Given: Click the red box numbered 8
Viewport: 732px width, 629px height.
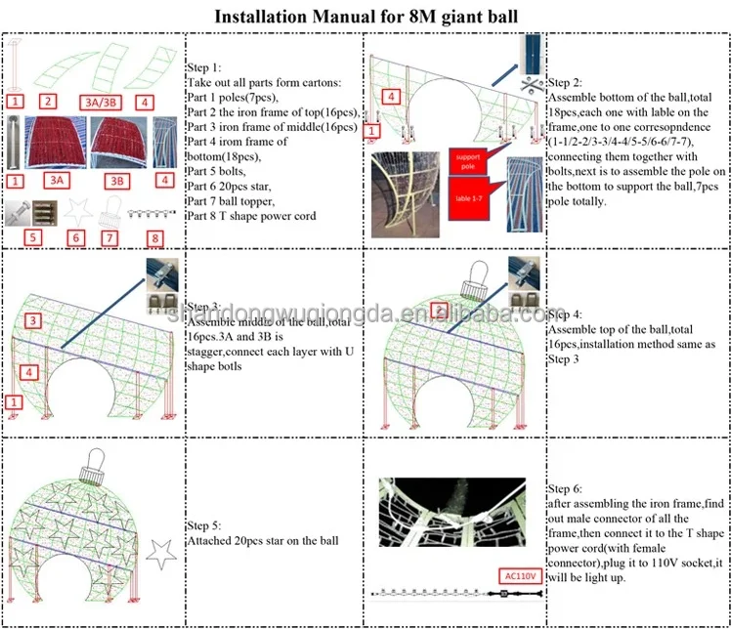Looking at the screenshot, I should (155, 235).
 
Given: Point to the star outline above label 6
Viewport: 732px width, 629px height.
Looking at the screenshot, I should (74, 210).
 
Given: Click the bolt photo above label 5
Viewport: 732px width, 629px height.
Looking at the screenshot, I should (28, 210).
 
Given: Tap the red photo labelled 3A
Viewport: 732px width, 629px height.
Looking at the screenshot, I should (57, 143).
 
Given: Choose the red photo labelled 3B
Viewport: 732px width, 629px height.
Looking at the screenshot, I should (118, 143).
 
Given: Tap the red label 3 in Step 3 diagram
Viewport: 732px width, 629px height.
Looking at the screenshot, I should (32, 320).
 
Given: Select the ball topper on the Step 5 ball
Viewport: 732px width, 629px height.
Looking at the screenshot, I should (92, 465).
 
